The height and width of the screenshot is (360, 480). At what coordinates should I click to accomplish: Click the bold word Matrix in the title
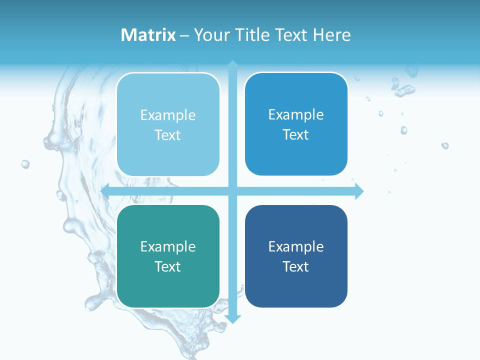click(x=148, y=35)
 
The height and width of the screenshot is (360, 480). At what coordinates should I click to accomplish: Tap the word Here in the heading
click(x=331, y=35)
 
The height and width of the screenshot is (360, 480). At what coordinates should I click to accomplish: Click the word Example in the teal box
click(x=168, y=246)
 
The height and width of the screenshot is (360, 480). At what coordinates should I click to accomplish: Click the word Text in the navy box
click(x=296, y=266)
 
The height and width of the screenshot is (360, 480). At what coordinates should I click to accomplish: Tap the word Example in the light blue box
click(x=168, y=115)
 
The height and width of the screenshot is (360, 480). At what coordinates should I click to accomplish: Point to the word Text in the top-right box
click(x=296, y=134)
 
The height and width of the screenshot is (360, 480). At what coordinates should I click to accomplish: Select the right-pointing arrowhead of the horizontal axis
click(x=359, y=191)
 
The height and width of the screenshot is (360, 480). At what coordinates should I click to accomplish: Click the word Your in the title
click(x=210, y=35)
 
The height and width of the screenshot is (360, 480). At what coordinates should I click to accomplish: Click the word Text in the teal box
click(x=168, y=266)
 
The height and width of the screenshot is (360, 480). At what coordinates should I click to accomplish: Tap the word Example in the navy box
click(x=296, y=246)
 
